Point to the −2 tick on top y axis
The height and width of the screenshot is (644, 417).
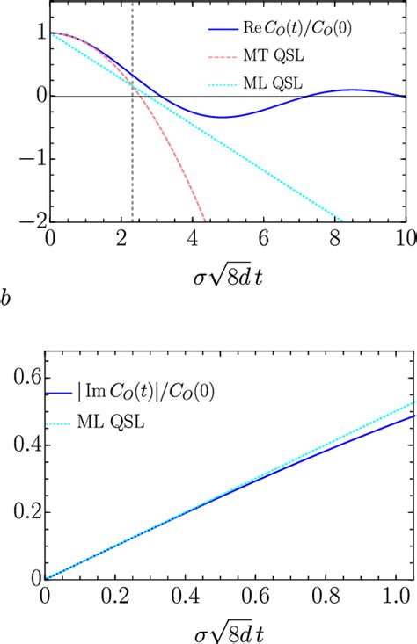point(28,221)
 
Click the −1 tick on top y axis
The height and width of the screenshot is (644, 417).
point(28,158)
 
